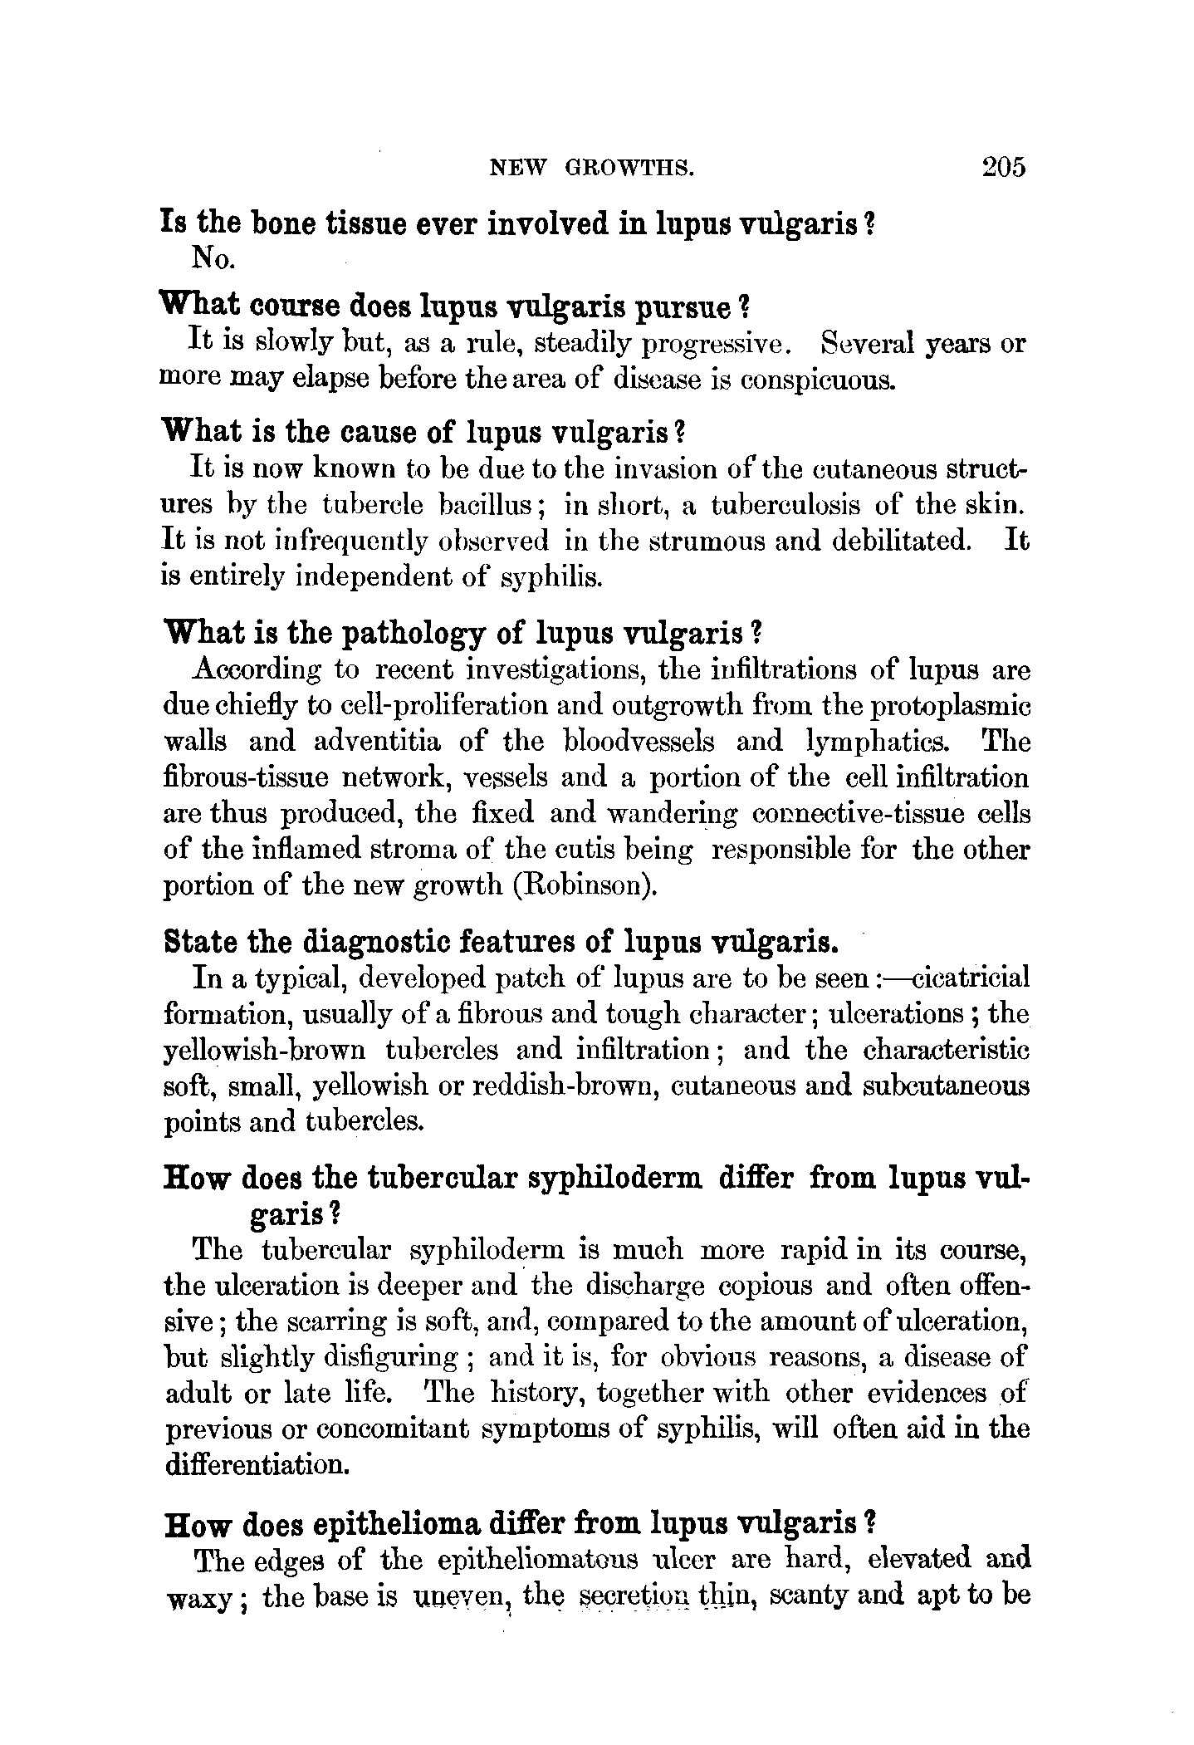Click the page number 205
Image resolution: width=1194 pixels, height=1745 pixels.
(x=1003, y=167)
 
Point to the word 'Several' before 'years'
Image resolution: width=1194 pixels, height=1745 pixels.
(x=865, y=343)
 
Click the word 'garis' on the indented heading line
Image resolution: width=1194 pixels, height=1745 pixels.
(x=287, y=1214)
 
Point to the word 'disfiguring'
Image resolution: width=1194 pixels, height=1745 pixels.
(x=340, y=1357)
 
